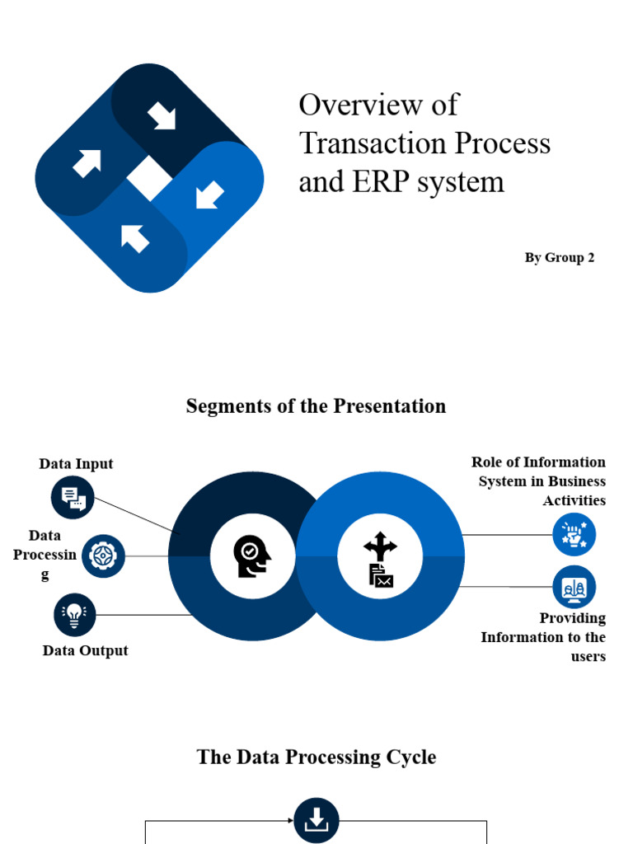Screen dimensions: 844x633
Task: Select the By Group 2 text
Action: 560,257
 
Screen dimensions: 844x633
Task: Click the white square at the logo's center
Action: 149,177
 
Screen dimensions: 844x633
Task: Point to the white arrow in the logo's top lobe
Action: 162,117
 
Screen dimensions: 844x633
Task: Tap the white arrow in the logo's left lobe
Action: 87,162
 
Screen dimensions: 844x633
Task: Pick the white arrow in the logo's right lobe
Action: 210,195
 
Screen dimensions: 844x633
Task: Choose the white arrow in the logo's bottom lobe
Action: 135,238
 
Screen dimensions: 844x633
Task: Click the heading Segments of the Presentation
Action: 316,406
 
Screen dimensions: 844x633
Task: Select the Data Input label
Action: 76,464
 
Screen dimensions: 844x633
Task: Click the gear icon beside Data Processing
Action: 103,556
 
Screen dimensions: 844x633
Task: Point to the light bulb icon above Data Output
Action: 75,615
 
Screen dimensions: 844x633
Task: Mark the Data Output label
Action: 85,650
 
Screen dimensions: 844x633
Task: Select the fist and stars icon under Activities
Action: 574,534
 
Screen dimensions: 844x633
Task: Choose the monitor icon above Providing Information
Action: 574,587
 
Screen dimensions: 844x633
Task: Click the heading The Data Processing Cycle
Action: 316,757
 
